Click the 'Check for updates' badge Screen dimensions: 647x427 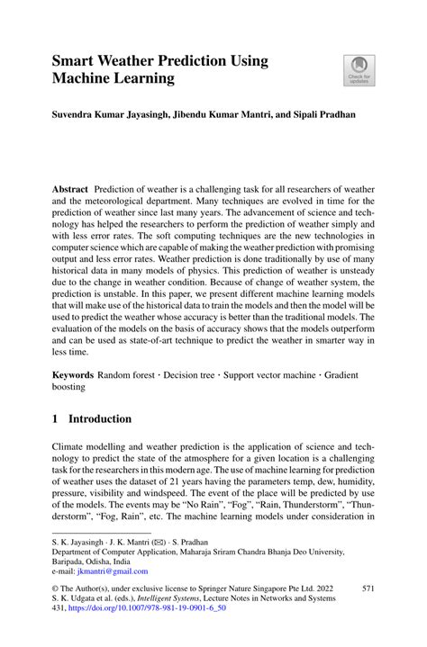[x=359, y=70]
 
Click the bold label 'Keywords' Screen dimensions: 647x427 [x=73, y=373]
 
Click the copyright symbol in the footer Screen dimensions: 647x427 [x=55, y=588]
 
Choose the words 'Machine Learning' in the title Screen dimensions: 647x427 [x=114, y=80]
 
